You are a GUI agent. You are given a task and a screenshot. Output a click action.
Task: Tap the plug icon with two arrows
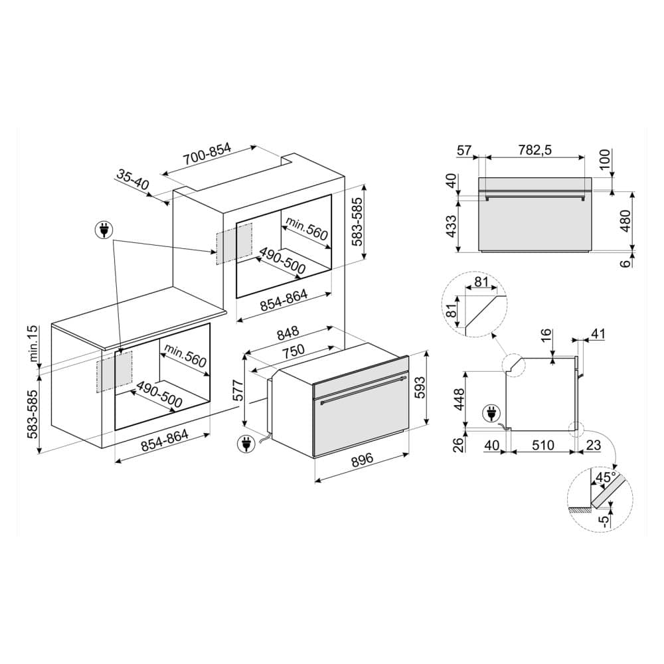point(104,230)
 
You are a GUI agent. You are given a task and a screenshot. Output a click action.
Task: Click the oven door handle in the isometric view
point(362,390)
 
